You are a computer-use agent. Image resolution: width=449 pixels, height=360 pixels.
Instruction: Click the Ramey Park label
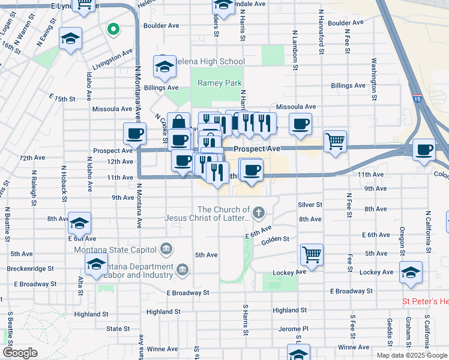(x=220, y=83)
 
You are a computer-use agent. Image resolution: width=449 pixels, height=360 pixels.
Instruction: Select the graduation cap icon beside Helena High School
(x=164, y=67)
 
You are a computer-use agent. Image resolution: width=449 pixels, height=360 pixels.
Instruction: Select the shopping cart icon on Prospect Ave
(x=336, y=142)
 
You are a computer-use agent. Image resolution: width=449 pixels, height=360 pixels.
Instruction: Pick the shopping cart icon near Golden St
(x=312, y=254)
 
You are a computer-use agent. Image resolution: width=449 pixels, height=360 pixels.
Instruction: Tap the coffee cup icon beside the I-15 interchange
(x=424, y=150)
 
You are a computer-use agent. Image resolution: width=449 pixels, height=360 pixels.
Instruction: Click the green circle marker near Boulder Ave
(x=112, y=29)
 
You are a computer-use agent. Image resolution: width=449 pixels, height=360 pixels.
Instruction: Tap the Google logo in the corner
(x=20, y=353)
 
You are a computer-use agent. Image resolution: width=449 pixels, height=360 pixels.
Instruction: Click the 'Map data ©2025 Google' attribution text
(x=412, y=355)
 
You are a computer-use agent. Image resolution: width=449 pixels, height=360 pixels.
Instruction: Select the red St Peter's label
(x=424, y=301)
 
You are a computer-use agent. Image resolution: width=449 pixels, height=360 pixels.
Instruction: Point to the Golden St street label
(x=276, y=239)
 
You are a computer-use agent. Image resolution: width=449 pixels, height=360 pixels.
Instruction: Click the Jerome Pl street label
(x=293, y=329)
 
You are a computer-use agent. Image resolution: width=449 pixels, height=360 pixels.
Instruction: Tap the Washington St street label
(x=374, y=79)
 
